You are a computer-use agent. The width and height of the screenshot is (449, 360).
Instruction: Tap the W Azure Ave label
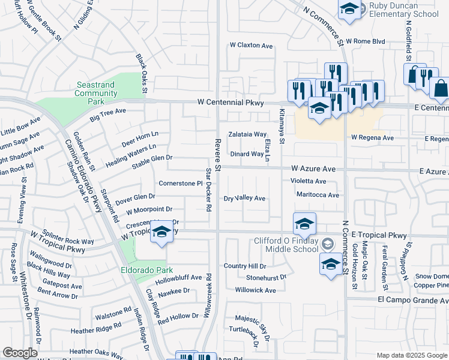(313, 170)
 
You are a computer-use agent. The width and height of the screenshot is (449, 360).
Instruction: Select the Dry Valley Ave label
(244, 198)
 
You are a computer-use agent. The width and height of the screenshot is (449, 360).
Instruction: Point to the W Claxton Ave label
(251, 46)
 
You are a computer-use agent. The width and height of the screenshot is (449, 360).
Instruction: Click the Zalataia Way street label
(247, 134)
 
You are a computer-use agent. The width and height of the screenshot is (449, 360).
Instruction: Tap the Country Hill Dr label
(244, 266)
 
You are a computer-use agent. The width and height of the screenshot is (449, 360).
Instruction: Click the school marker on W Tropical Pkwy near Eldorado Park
(161, 233)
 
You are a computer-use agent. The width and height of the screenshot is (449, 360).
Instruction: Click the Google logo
(20, 353)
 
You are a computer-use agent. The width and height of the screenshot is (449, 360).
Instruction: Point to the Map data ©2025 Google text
(411, 355)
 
